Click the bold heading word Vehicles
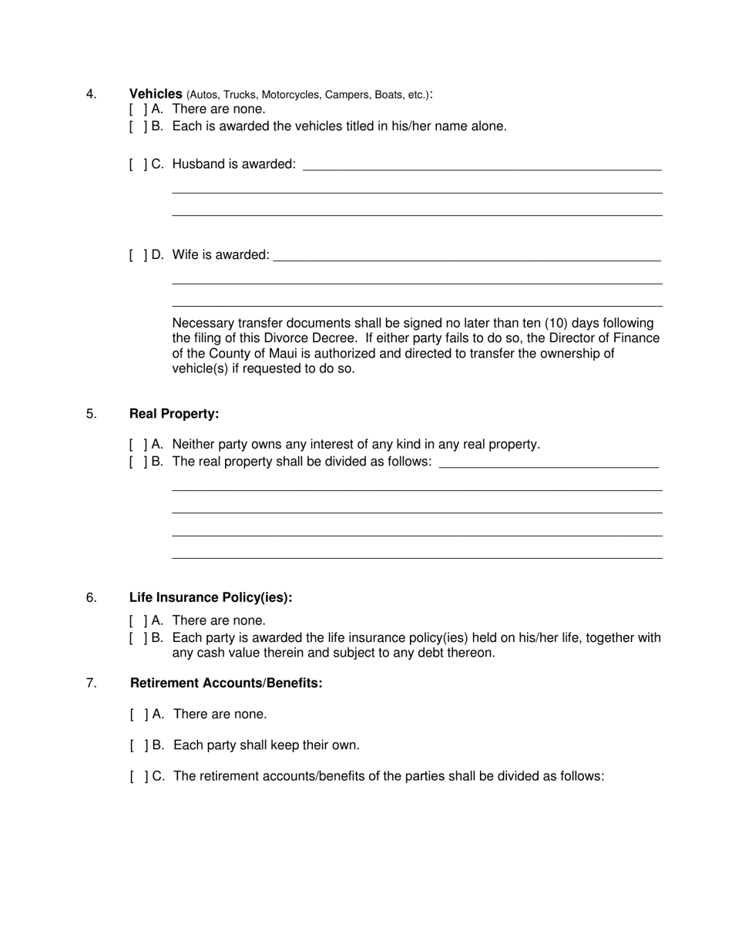(156, 94)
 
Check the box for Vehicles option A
(138, 109)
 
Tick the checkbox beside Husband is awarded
(138, 164)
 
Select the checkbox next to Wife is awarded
(138, 255)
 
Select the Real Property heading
(174, 414)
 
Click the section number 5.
(92, 414)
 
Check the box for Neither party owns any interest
(138, 445)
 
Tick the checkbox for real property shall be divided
(138, 462)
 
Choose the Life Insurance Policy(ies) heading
(210, 598)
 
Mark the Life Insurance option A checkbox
(138, 621)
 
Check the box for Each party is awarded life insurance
(138, 638)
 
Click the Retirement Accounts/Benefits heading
(226, 684)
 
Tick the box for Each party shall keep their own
(139, 746)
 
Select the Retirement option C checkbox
(139, 777)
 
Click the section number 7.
(92, 684)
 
